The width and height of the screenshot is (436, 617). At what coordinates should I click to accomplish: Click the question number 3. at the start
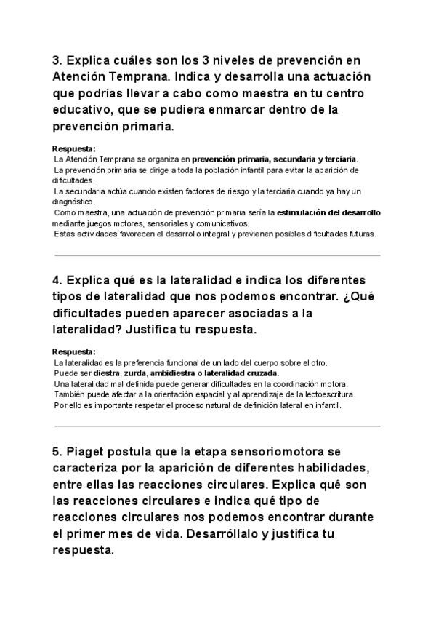[57, 60]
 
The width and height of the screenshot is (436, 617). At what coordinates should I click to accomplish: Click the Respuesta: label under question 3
[74, 150]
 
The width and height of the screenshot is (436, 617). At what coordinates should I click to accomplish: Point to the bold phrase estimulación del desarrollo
[329, 212]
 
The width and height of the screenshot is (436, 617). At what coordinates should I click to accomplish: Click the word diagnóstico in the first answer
[74, 201]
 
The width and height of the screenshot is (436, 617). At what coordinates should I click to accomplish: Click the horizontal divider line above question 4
[217, 255]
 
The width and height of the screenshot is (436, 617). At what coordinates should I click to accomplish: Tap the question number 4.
[57, 280]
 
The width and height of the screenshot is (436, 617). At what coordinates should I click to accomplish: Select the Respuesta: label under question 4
[74, 351]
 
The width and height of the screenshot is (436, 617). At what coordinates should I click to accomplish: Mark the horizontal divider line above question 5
[217, 426]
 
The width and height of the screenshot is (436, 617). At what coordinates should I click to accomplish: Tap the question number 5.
[57, 451]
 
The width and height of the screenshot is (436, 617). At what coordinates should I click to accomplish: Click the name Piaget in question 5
[85, 451]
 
